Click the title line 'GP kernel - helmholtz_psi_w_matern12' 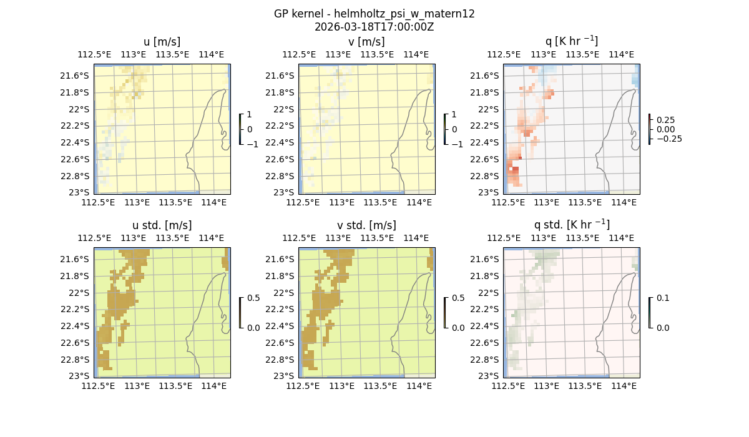pos(374,14)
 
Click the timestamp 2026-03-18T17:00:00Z pos(374,27)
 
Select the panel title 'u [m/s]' pos(162,42)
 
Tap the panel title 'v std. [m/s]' pos(366,225)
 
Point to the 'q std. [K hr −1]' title pos(571,225)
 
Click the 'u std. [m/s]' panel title pos(162,225)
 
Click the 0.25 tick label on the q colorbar pos(667,120)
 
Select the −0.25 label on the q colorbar pos(669,139)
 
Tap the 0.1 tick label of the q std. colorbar pos(662,298)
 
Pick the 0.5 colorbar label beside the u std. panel pos(253,298)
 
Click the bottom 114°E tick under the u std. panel pos(213,386)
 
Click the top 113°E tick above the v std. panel pos(338,238)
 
